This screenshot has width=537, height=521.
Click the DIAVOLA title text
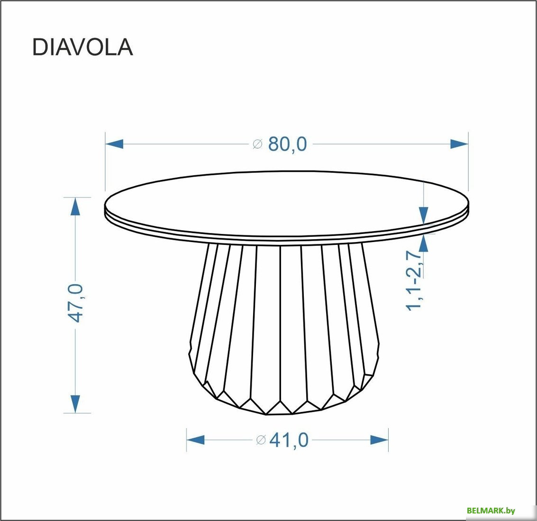click(82, 47)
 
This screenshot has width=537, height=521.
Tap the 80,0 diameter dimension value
click(288, 144)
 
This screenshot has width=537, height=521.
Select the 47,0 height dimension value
click(76, 303)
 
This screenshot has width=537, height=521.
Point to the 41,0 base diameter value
click(289, 440)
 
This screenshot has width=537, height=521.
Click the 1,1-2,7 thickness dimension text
click(414, 281)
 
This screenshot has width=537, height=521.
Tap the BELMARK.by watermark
click(491, 511)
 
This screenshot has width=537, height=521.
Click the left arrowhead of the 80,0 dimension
click(114, 144)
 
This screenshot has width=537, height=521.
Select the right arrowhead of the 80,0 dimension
click(459, 144)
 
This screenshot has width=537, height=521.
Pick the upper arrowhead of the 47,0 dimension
click(75, 207)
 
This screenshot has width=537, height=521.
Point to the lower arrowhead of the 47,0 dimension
click(75, 404)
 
